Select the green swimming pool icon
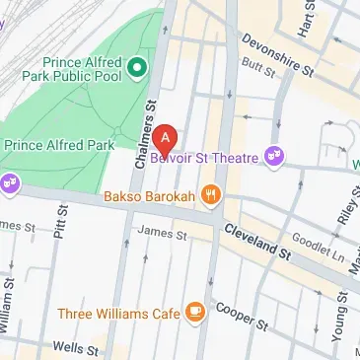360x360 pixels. [138, 68]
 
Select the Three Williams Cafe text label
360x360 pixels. [117, 314]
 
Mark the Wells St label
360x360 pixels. [73, 348]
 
